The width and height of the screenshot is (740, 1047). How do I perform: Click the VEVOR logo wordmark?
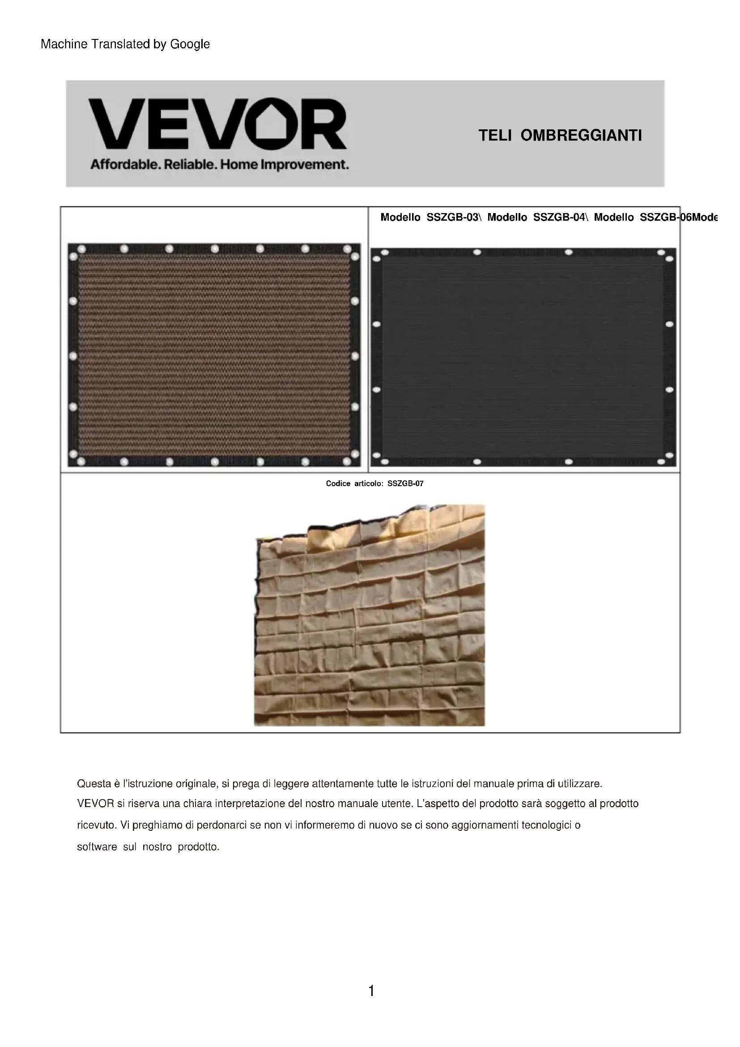[x=217, y=124]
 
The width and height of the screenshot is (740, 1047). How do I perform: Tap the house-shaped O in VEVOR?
[x=272, y=124]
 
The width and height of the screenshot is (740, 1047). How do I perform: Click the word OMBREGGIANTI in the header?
[x=581, y=136]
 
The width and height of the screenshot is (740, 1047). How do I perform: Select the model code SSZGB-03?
[x=453, y=218]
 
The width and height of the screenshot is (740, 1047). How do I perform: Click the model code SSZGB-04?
[x=560, y=218]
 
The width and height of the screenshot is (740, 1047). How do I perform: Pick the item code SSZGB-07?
[x=405, y=483]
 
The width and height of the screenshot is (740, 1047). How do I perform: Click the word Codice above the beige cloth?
[x=338, y=483]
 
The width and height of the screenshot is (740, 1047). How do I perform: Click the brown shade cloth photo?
[x=214, y=355]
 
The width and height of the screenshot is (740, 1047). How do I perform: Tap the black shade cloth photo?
[x=523, y=357]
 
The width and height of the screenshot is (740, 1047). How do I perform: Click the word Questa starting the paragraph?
[x=94, y=784]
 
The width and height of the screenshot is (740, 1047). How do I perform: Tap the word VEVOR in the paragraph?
[x=95, y=803]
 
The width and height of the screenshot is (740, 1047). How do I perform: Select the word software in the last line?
[x=97, y=847]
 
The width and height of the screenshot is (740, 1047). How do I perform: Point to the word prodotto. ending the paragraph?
[x=199, y=847]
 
